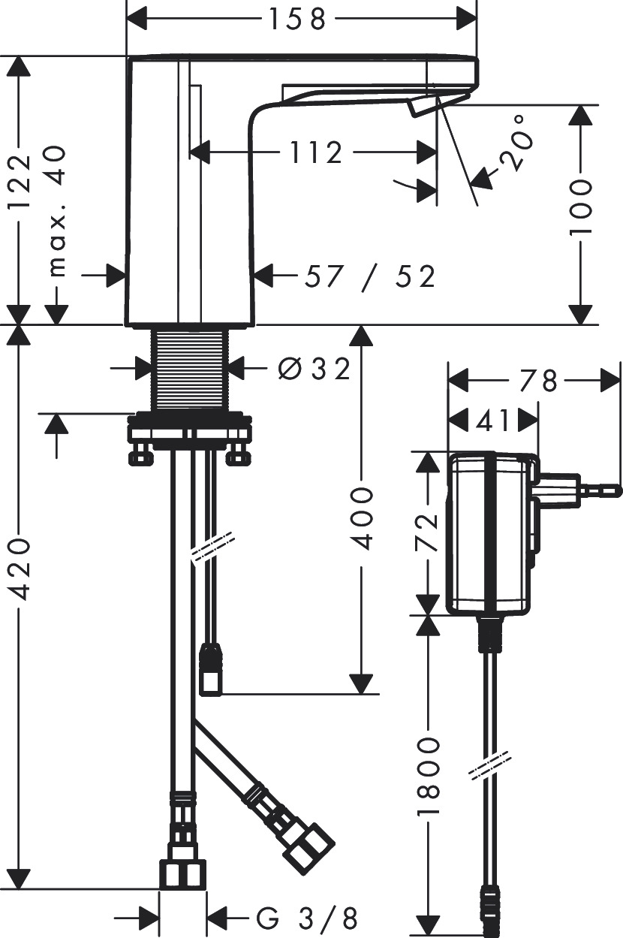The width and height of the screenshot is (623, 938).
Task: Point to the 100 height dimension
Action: (x=580, y=208)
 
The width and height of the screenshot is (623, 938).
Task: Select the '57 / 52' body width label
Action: (x=369, y=277)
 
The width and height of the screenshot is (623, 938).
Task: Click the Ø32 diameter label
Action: (x=313, y=368)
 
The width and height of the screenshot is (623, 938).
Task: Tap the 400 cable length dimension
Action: (x=363, y=517)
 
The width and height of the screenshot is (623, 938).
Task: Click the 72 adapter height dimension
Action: (x=429, y=532)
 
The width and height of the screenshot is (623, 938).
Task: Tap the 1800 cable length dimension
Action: (x=429, y=778)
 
